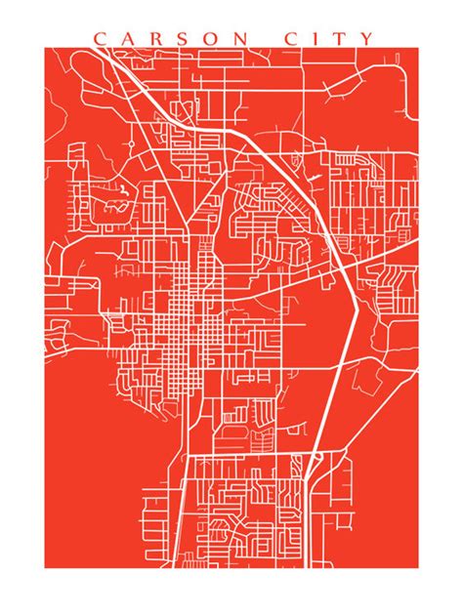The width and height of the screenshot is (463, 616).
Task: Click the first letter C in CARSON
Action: click(99, 39)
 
